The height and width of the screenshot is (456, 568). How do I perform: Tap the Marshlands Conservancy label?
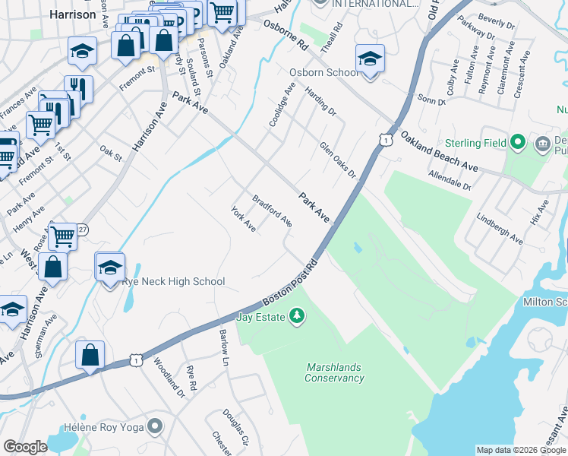point(335,372)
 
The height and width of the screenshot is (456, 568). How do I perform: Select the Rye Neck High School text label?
point(174,282)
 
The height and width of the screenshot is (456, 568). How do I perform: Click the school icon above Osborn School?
point(370,59)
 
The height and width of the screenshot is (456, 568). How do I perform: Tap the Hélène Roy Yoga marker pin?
point(156,426)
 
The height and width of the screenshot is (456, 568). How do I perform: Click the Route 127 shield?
point(82,229)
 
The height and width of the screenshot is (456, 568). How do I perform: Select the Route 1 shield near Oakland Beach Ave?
point(387,140)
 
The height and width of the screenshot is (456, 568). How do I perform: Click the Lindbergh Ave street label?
point(500,228)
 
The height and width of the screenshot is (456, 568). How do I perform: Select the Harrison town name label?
point(72,14)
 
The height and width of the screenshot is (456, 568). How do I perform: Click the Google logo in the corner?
point(26,447)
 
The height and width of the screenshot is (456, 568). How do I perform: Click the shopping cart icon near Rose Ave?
point(62,236)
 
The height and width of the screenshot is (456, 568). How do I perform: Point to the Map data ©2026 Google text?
point(520,450)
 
